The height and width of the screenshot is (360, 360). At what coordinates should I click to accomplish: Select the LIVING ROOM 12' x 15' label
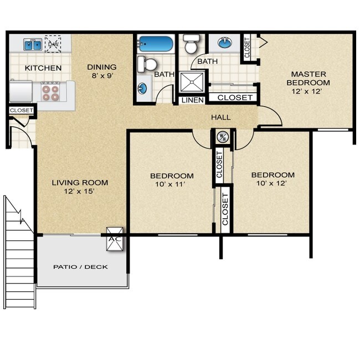click(80, 187)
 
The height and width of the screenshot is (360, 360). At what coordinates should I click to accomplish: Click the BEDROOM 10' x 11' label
click(172, 181)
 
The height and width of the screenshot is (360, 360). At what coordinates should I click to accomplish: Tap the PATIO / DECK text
click(80, 267)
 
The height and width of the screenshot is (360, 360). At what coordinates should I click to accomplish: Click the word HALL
click(220, 117)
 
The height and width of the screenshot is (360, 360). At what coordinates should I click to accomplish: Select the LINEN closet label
click(191, 100)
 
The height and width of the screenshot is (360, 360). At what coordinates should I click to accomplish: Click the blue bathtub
click(156, 44)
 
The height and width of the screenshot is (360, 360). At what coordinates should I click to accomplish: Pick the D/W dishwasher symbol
click(54, 44)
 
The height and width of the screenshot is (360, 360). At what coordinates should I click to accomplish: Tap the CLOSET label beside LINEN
click(235, 97)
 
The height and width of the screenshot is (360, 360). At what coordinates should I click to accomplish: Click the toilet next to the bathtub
click(147, 63)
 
